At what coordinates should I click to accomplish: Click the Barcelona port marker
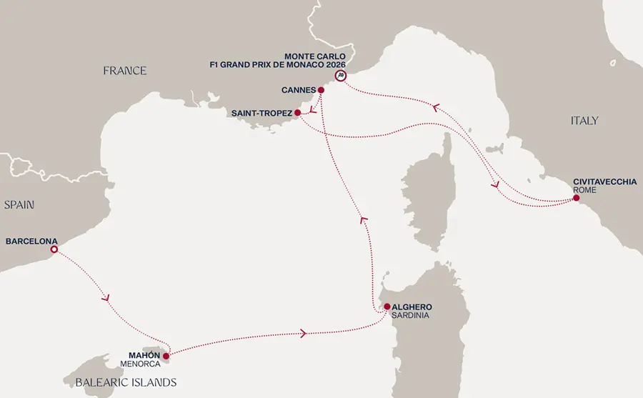(x=54, y=250)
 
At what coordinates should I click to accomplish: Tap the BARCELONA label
(x=31, y=241)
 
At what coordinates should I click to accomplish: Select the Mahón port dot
(x=166, y=355)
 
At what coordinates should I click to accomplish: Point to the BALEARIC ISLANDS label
(x=126, y=382)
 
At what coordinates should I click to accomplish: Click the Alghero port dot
(x=387, y=307)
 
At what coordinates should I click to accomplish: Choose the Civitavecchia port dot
(x=576, y=198)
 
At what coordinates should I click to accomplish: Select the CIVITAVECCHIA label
(x=604, y=181)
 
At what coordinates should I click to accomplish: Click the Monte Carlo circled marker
(x=341, y=75)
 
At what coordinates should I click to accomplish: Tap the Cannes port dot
(x=321, y=90)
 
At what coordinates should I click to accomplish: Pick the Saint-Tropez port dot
(x=297, y=112)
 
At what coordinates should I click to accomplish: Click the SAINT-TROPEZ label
(x=261, y=113)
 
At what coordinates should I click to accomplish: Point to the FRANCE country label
(x=124, y=71)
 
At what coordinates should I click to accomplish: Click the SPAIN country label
(x=19, y=205)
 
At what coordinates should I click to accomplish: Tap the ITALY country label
(x=584, y=121)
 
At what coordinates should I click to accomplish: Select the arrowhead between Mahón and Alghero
(x=305, y=333)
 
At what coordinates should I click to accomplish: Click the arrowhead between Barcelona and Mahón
(x=107, y=298)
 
